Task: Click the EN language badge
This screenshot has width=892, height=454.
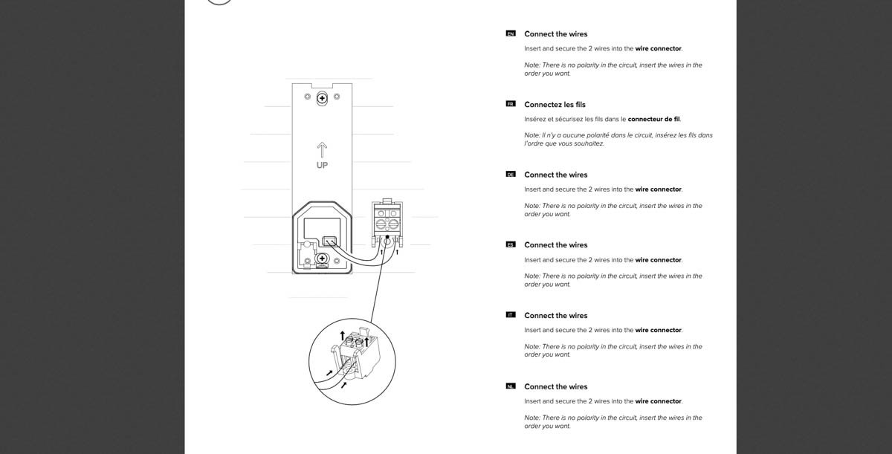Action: (x=510, y=34)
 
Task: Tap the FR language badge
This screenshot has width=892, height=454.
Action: (x=510, y=104)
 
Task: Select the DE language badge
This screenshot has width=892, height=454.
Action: (x=510, y=175)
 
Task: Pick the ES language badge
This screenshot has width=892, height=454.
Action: (x=510, y=245)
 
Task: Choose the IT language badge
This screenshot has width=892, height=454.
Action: (x=510, y=315)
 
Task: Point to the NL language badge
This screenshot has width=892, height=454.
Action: (x=510, y=386)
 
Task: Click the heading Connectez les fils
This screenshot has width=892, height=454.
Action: (x=555, y=105)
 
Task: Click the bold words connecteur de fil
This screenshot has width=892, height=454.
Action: (x=653, y=119)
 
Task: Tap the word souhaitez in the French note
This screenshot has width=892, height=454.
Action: (x=588, y=143)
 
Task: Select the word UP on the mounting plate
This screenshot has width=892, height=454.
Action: (x=322, y=165)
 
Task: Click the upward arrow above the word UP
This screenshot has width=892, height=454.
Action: (x=322, y=149)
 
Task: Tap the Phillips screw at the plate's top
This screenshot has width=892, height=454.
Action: (x=322, y=98)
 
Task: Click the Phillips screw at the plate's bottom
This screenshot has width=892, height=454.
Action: (x=322, y=259)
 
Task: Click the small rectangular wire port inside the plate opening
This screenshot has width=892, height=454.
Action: (x=330, y=241)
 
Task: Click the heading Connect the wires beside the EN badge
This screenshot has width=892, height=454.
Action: (x=555, y=34)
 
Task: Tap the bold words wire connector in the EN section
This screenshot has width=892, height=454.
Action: (x=658, y=49)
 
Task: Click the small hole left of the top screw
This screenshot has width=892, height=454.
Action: (x=307, y=97)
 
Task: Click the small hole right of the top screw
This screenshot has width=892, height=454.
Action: (x=337, y=97)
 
